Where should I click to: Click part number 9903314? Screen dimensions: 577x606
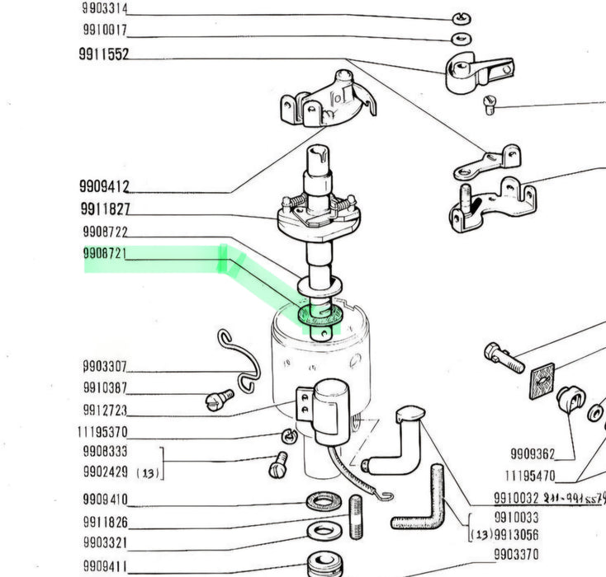[x=105, y=9]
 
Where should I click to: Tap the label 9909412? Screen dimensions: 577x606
[x=105, y=186]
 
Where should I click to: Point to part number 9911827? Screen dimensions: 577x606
[x=105, y=209]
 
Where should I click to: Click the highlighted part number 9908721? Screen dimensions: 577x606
[x=105, y=255]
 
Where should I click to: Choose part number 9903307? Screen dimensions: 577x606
[x=105, y=367]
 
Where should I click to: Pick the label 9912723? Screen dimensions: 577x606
[x=105, y=410]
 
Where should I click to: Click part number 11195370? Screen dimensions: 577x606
[x=102, y=432]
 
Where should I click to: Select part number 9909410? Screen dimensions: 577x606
[x=105, y=500]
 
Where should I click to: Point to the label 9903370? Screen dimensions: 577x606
[x=516, y=554]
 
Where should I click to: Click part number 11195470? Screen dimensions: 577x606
[x=529, y=476]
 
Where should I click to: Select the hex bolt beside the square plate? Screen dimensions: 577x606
[x=503, y=358]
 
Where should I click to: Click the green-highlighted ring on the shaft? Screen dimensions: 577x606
[x=317, y=315]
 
